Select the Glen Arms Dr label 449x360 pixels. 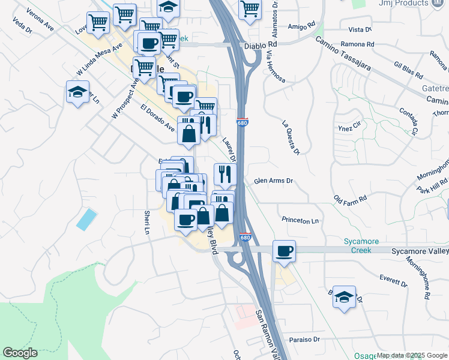tap(273, 181)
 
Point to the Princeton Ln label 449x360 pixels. tap(300, 221)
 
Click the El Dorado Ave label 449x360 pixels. tap(157, 118)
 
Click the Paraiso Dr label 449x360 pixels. tap(304, 339)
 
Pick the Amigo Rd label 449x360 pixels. tap(301, 26)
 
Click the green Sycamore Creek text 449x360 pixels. tap(361, 245)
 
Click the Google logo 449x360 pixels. tap(20, 353)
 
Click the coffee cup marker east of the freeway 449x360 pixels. tap(284, 251)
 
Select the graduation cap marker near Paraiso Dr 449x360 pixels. tap(345, 297)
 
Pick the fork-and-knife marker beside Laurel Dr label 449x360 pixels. tap(225, 174)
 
